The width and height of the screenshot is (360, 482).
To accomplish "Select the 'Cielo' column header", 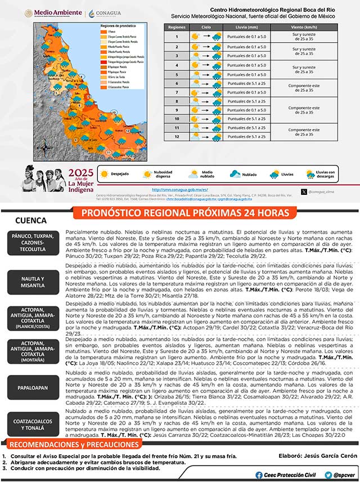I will pos(206,26).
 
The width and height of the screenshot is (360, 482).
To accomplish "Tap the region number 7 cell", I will pos(177,92).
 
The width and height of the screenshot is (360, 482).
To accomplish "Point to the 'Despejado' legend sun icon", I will pos(103,175).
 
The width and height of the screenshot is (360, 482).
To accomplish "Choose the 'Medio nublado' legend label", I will pos(207,175).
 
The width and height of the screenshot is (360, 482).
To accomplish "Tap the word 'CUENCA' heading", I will pos(31,221).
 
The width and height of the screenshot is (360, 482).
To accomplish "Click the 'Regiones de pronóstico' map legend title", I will pos(118,26).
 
